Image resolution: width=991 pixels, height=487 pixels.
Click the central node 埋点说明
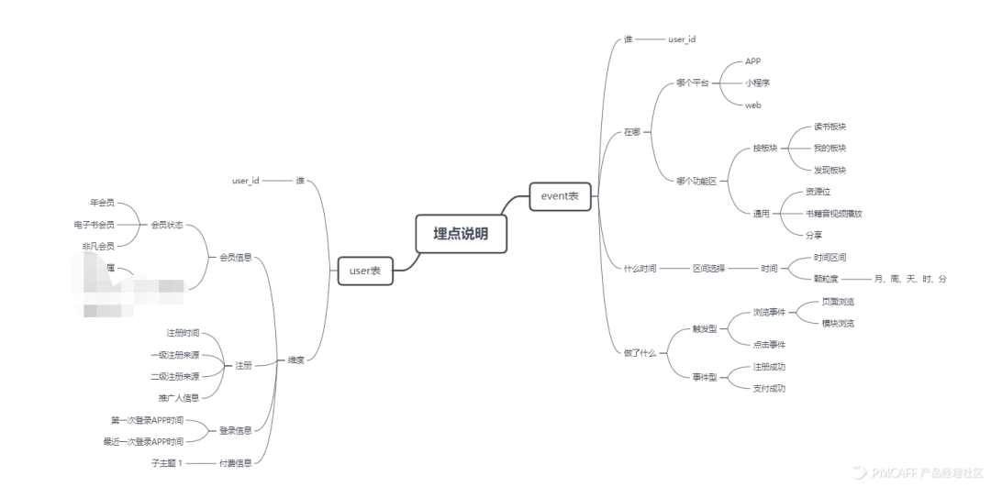pyautogui.click(x=461, y=234)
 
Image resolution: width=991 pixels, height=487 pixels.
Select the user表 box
pyautogui.click(x=365, y=271)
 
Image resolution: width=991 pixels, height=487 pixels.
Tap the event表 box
pyautogui.click(x=561, y=195)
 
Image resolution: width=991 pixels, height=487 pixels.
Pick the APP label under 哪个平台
pyautogui.click(x=752, y=61)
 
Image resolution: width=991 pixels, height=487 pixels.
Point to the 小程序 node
pyautogui.click(x=757, y=83)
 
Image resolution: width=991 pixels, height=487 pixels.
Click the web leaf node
pyautogui.click(x=752, y=105)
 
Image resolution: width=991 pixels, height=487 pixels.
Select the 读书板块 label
pyautogui.click(x=830, y=127)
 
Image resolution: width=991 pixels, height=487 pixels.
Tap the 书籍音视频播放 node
pyautogui.click(x=834, y=214)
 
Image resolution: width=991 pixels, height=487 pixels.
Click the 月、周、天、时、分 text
pyautogui.click(x=910, y=278)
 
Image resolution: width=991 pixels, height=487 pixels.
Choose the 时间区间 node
pyautogui.click(x=830, y=257)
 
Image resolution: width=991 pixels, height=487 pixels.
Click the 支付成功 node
pyautogui.click(x=768, y=388)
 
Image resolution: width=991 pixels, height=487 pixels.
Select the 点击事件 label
pyautogui.click(x=768, y=344)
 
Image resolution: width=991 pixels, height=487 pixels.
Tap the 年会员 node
pyautogui.click(x=101, y=202)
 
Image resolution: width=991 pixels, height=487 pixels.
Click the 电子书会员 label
pyautogui.click(x=94, y=225)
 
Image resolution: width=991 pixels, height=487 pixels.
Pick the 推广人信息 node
pyautogui.click(x=178, y=397)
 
